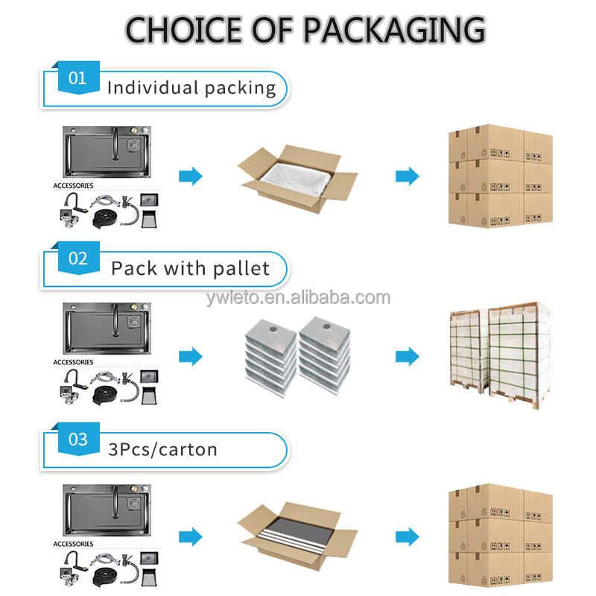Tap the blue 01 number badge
click(77, 79)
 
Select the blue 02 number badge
click(77, 259)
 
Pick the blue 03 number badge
click(77, 440)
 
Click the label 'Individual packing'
click(191, 88)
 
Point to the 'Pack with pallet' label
click(191, 268)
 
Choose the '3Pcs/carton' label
click(163, 449)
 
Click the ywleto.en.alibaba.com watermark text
click(298, 298)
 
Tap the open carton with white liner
click(297, 177)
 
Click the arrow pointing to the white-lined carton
click(191, 177)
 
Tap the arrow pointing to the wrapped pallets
click(408, 357)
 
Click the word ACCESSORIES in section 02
click(74, 363)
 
